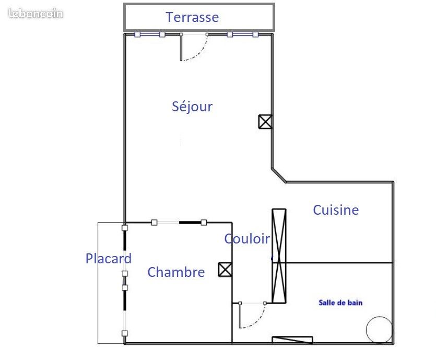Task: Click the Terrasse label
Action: [193, 17]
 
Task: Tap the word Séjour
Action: [192, 107]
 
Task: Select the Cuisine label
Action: [336, 210]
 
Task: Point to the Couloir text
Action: [247, 239]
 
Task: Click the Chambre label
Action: [176, 272]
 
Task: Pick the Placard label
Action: [109, 259]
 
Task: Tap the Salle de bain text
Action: [340, 303]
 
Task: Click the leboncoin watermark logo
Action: [36, 14]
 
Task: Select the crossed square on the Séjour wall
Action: [265, 122]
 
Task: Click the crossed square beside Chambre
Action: [225, 270]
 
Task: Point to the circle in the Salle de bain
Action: [379, 330]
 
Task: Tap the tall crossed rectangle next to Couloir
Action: [279, 256]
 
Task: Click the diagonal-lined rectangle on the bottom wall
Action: [292, 340]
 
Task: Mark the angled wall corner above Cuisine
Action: [279, 175]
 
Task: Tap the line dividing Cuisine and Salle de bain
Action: [332, 263]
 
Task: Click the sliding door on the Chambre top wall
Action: [179, 222]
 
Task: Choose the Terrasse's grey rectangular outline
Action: [199, 4]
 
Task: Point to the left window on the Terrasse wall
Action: [150, 34]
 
